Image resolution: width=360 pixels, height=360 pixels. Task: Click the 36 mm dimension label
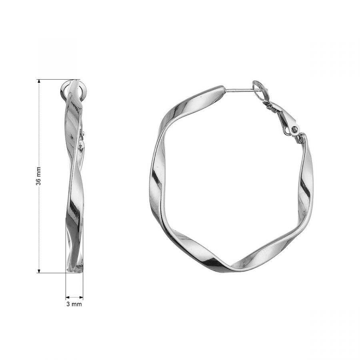[x=38, y=176]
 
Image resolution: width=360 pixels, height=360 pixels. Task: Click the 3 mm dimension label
[x=74, y=304]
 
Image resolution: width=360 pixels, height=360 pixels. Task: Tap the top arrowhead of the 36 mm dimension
[x=39, y=81]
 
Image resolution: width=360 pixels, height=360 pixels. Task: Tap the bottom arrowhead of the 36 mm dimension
[x=39, y=271]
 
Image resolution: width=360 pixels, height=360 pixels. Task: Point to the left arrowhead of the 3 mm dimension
[x=68, y=297]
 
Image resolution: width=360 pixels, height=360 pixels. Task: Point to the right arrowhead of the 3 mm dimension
[x=81, y=297]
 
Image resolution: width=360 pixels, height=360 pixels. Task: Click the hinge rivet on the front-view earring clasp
[x=294, y=130]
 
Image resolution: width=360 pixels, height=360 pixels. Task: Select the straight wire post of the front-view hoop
[x=239, y=90]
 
